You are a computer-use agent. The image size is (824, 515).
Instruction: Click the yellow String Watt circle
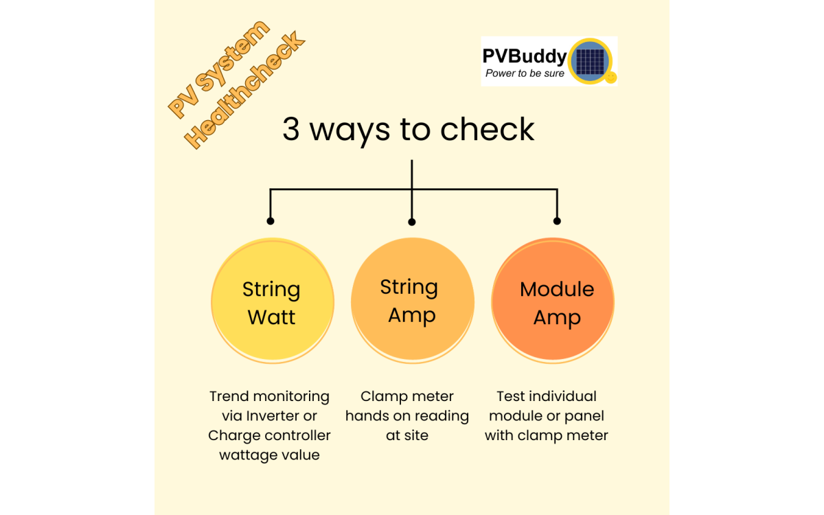pyautogui.click(x=272, y=302)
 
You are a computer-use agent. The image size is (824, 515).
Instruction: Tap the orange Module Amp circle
pyautogui.click(x=553, y=302)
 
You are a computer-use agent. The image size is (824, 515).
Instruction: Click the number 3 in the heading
pyautogui.click(x=291, y=130)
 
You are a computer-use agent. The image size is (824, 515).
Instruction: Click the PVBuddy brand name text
pyautogui.click(x=524, y=56)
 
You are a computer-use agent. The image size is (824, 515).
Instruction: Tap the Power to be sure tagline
pyautogui.click(x=525, y=73)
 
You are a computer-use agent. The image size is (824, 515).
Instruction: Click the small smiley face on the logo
pyautogui.click(x=610, y=78)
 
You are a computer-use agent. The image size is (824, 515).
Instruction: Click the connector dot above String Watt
pyautogui.click(x=271, y=221)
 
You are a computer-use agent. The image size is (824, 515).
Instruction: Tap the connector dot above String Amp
pyautogui.click(x=412, y=222)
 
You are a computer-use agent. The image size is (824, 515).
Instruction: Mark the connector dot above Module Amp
pyautogui.click(x=557, y=221)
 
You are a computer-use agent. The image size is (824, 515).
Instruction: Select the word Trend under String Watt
pyautogui.click(x=229, y=396)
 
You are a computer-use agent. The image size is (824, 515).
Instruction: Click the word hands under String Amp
pyautogui.click(x=367, y=416)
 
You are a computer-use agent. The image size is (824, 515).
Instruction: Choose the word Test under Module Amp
pyautogui.click(x=510, y=396)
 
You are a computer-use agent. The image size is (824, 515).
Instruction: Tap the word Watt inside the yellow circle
pyautogui.click(x=271, y=317)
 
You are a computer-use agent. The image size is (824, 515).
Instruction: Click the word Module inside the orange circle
pyautogui.click(x=557, y=289)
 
